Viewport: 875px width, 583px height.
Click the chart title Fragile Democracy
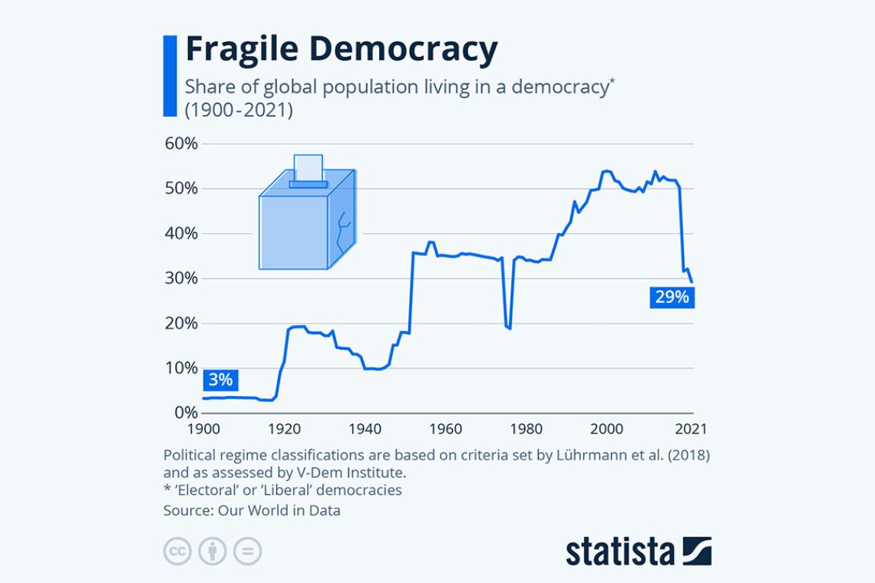[x=341, y=51]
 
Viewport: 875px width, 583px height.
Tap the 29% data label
[x=672, y=297]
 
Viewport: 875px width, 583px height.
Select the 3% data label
[x=220, y=379]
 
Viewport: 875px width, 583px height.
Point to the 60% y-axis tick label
[x=181, y=144]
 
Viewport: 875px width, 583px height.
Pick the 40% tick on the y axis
[x=181, y=234]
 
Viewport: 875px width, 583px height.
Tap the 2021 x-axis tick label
[x=690, y=429]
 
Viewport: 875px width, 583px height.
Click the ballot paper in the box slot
[x=308, y=167]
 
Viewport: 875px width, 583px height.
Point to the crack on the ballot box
[x=342, y=230]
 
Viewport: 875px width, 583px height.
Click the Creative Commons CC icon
[x=177, y=551]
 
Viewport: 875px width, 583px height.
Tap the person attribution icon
[x=212, y=551]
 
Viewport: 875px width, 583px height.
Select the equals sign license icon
[x=248, y=551]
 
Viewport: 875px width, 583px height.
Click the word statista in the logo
[x=620, y=551]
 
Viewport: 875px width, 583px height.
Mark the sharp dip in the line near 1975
[x=507, y=327]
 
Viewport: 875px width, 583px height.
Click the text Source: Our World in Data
[x=252, y=510]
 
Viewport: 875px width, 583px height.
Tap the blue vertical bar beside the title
[x=170, y=76]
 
